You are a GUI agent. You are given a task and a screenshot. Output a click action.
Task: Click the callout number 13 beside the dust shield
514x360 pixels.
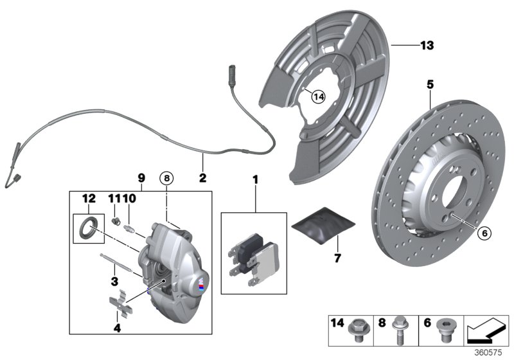coord(427,46)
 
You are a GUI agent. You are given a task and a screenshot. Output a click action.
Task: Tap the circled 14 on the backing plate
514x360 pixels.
coord(318,96)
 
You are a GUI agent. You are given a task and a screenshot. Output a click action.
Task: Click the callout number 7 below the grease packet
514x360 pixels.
coord(337,258)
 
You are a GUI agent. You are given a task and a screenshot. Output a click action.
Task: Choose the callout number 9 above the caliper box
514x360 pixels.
coord(141,178)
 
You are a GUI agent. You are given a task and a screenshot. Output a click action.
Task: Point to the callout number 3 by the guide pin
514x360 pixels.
coord(113,281)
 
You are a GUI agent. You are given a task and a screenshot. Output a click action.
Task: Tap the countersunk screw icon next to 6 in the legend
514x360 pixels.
coord(443,331)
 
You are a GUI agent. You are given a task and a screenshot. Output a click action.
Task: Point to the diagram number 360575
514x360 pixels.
coord(490,352)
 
